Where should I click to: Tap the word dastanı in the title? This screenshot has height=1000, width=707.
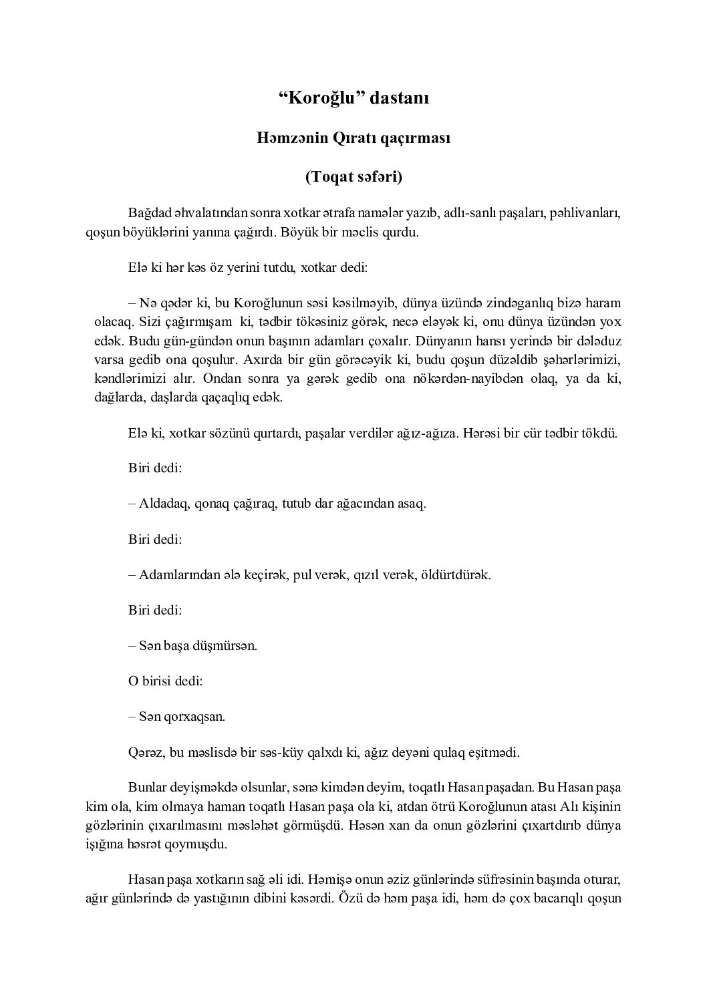click(400, 98)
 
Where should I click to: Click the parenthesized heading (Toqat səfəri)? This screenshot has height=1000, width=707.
click(353, 177)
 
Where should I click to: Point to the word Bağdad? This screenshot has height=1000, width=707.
click(149, 214)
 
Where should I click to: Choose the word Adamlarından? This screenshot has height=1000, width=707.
click(177, 574)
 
